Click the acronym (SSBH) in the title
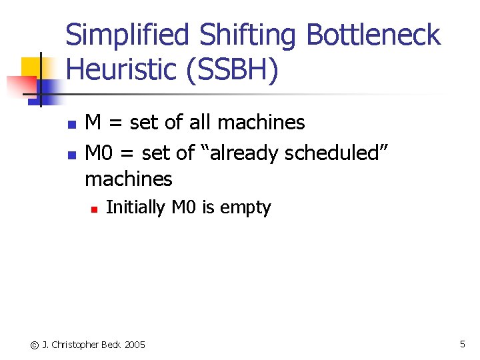(231, 70)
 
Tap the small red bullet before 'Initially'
(94, 209)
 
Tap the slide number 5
(462, 344)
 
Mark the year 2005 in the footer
(134, 345)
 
